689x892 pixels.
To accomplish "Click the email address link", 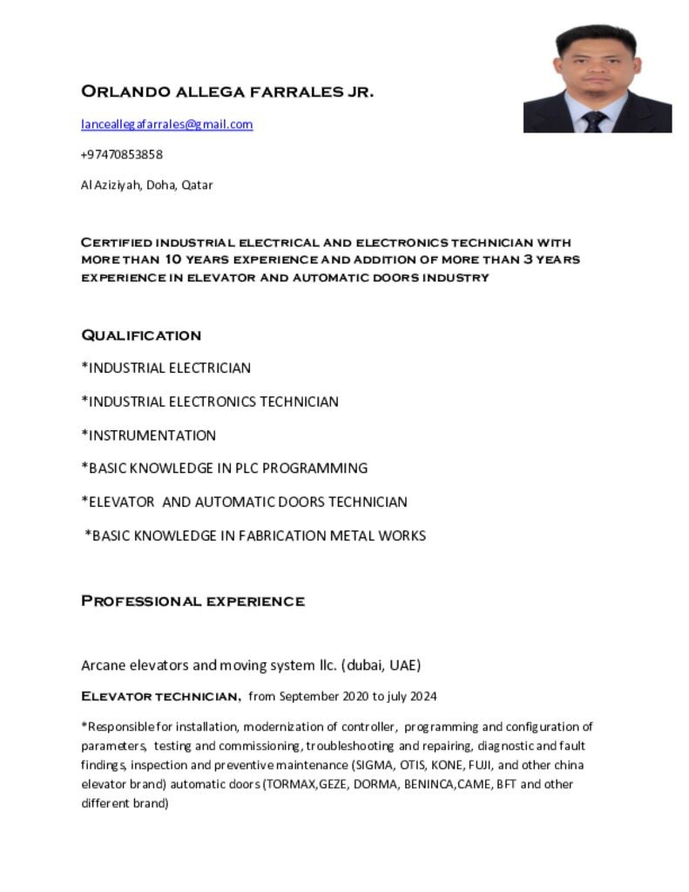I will (x=166, y=124).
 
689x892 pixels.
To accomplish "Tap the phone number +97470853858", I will (x=122, y=154).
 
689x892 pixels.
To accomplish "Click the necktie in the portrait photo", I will (x=594, y=121).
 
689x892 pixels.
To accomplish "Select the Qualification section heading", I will (x=141, y=335).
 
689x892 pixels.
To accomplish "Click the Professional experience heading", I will (x=193, y=601).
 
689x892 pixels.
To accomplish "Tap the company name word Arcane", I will (x=104, y=666).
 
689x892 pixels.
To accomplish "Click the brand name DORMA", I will (x=372, y=784).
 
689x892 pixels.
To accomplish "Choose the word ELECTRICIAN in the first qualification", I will (x=210, y=368).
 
